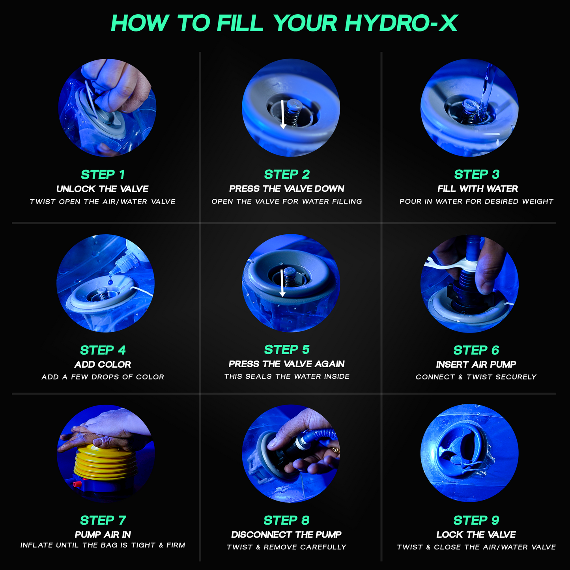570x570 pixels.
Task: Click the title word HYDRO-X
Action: [x=401, y=23]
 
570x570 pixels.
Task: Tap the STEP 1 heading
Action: [x=103, y=174]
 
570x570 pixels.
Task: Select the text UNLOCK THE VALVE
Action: [x=103, y=189]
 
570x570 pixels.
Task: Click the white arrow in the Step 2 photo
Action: [x=282, y=114]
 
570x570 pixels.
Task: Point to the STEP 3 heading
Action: [x=477, y=174]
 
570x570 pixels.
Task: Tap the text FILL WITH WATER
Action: [x=477, y=189]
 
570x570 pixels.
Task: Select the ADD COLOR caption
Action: [x=103, y=364]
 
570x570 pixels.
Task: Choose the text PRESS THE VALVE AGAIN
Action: [x=287, y=364]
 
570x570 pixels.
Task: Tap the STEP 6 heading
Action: [x=476, y=350]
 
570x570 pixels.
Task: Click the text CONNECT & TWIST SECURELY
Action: [x=476, y=377]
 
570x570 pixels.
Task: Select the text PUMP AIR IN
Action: [x=103, y=534]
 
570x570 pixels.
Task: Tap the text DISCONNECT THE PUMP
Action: [x=286, y=534]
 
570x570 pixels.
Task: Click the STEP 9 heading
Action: [x=476, y=520]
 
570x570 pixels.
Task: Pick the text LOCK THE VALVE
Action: [x=476, y=534]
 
